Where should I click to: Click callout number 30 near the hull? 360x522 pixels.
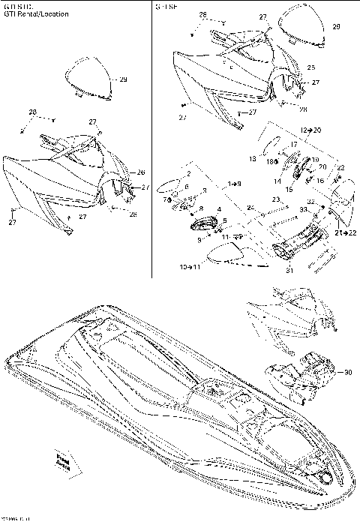(347, 372)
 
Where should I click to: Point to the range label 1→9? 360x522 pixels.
(235, 183)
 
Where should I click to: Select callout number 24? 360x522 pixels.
(250, 207)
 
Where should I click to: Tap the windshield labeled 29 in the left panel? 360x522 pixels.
(86, 79)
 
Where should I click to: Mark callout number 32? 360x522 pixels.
(310, 202)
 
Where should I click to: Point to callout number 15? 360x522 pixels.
(289, 189)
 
